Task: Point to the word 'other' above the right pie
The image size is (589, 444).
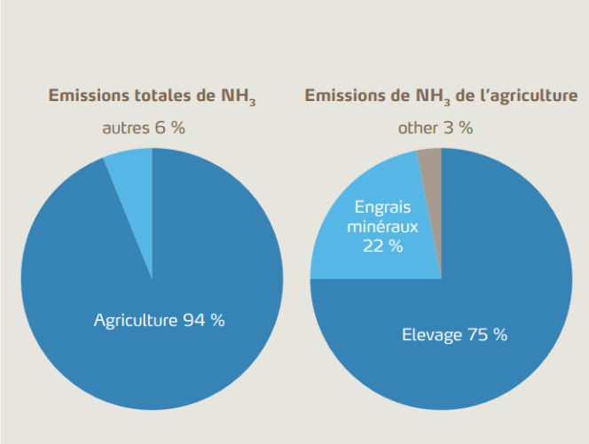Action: pos(418,128)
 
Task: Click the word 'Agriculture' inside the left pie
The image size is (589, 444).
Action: pos(136,320)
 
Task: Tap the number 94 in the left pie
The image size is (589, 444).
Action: pos(194,320)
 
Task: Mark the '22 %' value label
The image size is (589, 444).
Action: pos(382,245)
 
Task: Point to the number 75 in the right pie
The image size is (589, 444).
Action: pos(476,335)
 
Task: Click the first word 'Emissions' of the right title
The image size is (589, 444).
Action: pos(346,95)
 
